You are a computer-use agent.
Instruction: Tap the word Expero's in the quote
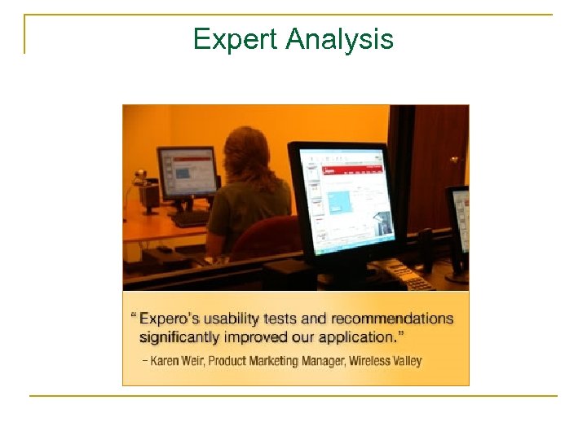click(173, 319)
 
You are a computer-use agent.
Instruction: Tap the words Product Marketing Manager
click(277, 360)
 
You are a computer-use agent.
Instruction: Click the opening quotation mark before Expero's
click(133, 317)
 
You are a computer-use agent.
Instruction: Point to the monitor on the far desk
click(187, 172)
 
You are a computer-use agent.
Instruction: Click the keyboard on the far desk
click(189, 218)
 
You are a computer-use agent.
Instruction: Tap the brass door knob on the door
click(454, 160)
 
